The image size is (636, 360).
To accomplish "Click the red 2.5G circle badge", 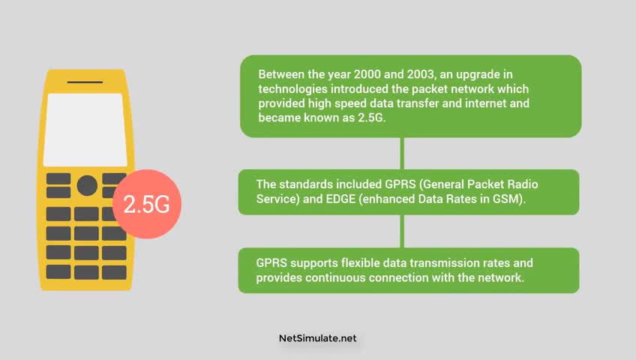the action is tap(147, 204).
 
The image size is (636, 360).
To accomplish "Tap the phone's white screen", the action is tap(85, 130).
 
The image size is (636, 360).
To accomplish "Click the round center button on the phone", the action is tap(87, 186).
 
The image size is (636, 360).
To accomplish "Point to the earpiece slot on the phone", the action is tap(85, 82).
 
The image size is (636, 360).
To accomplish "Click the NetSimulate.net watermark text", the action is tap(317, 338).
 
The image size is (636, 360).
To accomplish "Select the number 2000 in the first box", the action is tap(367, 74).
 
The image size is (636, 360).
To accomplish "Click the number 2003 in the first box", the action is tap(421, 74).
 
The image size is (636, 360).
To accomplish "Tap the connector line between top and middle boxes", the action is tap(402, 153).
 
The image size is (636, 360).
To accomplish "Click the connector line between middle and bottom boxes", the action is tap(402, 231).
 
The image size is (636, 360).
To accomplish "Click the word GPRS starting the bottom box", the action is tap(271, 262).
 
